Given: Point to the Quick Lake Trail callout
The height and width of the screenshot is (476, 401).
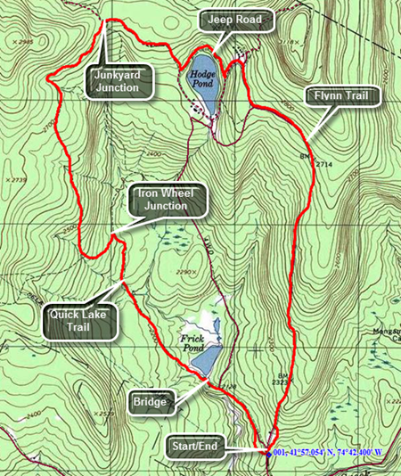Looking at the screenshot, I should click(x=81, y=319).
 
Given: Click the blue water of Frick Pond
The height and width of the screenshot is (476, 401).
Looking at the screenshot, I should click(x=204, y=362).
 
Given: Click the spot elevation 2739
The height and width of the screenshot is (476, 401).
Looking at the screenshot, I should click(x=17, y=180).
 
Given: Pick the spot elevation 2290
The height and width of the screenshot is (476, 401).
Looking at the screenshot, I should click(x=185, y=273).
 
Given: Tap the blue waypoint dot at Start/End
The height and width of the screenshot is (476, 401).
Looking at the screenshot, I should click(x=267, y=453).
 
